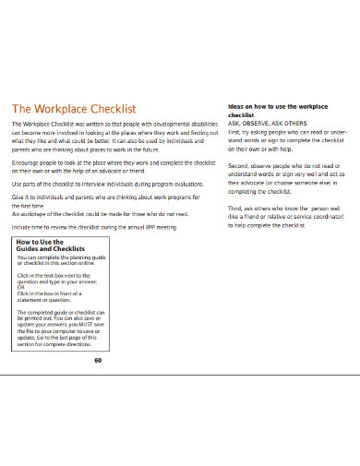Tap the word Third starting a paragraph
tap(236, 209)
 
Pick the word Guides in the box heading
tap(31, 249)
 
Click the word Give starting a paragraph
tap(18, 197)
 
